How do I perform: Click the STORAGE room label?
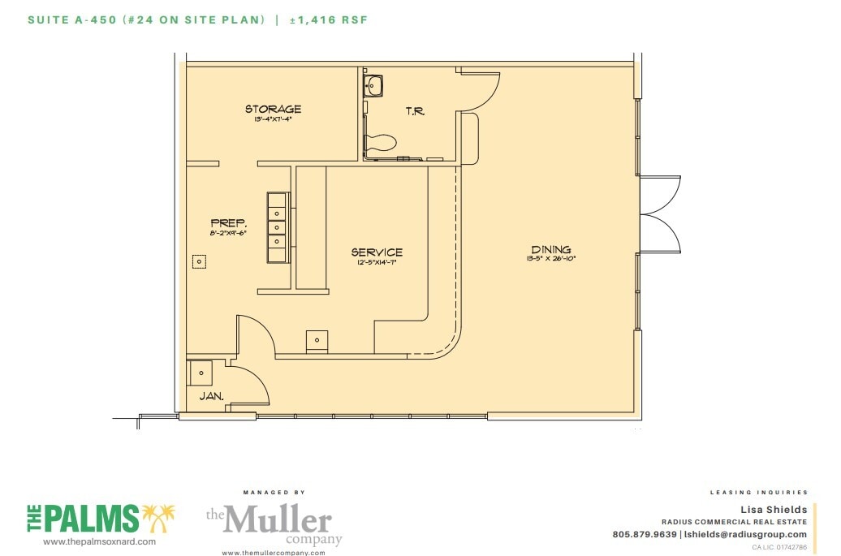pos(273,109)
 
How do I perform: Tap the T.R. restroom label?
pos(415,111)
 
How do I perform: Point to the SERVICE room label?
pos(377,252)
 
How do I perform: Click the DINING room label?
pos(550,249)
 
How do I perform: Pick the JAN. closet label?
pos(211,397)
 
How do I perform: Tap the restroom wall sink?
pos(373,84)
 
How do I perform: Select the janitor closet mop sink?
pos(201,373)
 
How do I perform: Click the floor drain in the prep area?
pos(199,261)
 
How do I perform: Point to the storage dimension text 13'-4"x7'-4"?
pos(272,119)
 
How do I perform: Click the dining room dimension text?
pos(550,260)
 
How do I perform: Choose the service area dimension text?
pos(376,262)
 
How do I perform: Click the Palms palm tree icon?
pos(158,518)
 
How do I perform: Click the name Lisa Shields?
pos(776,510)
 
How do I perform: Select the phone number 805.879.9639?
pos(645,534)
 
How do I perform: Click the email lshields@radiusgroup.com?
pos(746,534)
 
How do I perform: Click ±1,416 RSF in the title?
pos(329,19)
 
